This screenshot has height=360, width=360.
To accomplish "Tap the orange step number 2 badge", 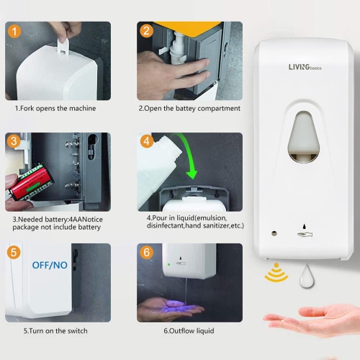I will tap(147, 32).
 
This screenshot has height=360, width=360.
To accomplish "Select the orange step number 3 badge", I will tap(14, 142).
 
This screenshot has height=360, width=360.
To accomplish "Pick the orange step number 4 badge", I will tap(147, 142).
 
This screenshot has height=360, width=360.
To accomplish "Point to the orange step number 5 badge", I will tap(14, 253).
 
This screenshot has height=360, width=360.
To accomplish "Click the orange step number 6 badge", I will tap(147, 253).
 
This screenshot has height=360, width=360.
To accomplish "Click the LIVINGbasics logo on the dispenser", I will tap(305, 68).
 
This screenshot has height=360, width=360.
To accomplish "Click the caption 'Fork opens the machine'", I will tap(55, 109).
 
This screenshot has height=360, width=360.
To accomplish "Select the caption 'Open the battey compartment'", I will tap(189, 109).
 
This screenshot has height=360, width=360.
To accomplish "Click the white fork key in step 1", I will tap(68, 35).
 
